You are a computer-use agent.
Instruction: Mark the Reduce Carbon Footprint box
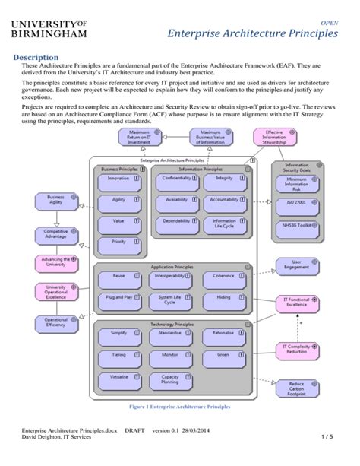tap(297, 388)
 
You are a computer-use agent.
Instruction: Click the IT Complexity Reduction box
tap(298, 349)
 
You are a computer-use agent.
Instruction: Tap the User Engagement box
tap(297, 265)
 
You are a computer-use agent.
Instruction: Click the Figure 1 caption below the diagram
tap(180, 407)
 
